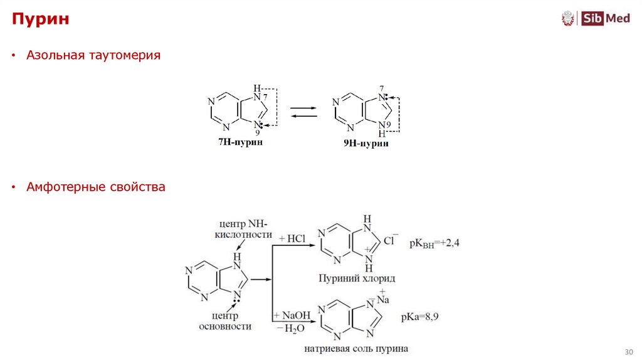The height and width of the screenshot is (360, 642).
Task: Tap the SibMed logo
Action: pyautogui.click(x=595, y=19)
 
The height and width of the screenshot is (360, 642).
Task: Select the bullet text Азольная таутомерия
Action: pyautogui.click(x=93, y=56)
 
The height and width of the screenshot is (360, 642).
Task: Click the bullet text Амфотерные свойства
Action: pyautogui.click(x=96, y=187)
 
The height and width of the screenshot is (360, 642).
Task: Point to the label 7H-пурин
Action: pyautogui.click(x=240, y=142)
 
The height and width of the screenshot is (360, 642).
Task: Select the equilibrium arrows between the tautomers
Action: pyautogui.click(x=303, y=112)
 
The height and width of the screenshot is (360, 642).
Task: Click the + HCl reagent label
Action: pyautogui.click(x=292, y=238)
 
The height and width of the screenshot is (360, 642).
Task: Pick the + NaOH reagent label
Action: pyautogui.click(x=293, y=315)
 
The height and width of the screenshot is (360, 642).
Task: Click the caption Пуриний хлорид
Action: pyautogui.click(x=357, y=278)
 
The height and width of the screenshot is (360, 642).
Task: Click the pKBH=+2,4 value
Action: pyautogui.click(x=434, y=243)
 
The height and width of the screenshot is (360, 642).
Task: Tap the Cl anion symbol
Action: pyautogui.click(x=390, y=240)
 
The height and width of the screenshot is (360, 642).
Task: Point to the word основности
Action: pyautogui.click(x=225, y=326)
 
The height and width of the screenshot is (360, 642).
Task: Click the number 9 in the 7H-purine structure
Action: pyautogui.click(x=257, y=132)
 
